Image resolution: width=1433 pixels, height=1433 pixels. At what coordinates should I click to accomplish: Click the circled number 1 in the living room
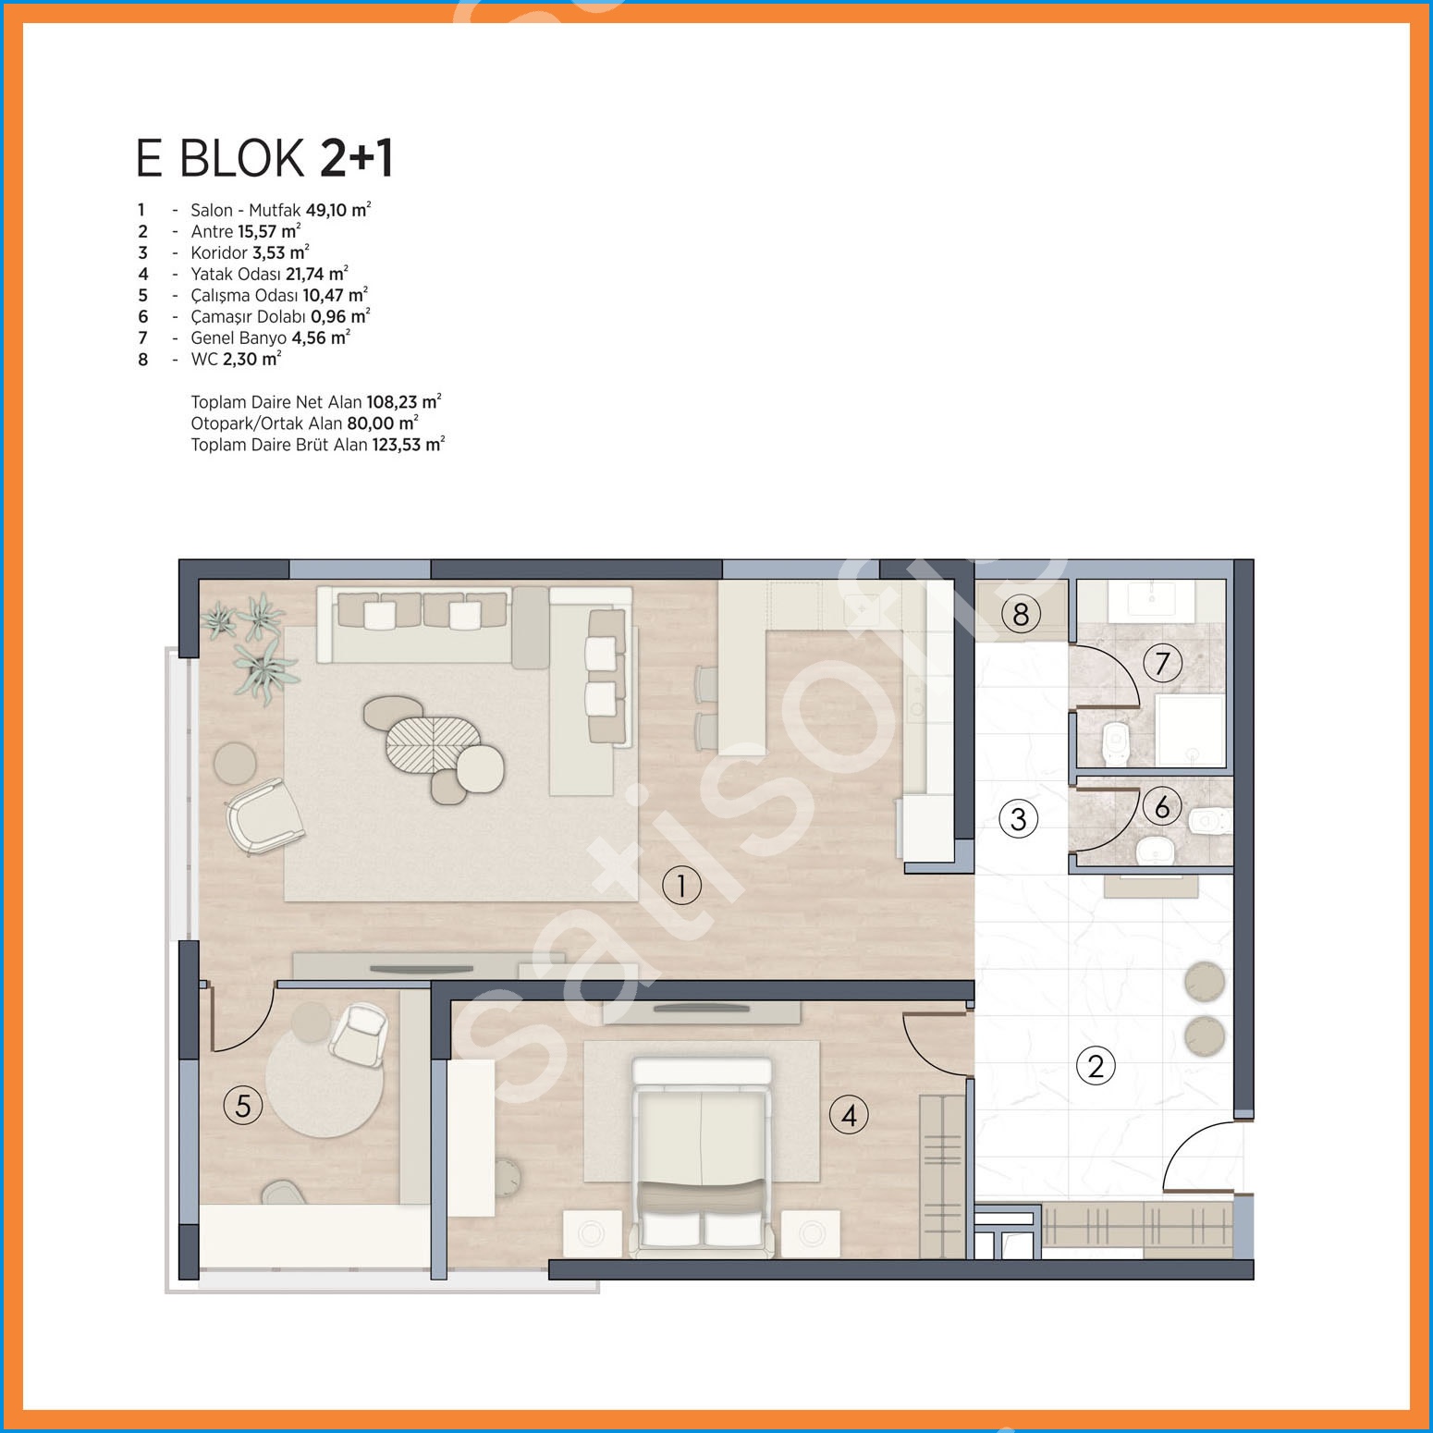(682, 886)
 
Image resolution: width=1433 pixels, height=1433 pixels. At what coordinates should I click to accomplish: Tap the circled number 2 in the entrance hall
(1096, 1066)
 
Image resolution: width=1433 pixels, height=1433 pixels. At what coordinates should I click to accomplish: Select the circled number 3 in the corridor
(1018, 818)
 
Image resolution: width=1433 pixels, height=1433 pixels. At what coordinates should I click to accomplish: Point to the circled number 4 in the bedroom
(849, 1115)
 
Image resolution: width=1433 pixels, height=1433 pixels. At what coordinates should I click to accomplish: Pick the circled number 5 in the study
(243, 1105)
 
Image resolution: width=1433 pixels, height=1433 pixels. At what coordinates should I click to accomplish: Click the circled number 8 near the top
(1021, 614)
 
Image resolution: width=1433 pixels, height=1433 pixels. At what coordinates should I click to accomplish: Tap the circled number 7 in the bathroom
(1162, 663)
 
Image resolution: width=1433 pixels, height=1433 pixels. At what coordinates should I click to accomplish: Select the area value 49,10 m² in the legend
(338, 210)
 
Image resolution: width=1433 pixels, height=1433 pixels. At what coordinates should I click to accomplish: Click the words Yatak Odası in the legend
(236, 274)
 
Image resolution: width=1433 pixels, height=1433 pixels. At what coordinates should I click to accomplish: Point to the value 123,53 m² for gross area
(409, 444)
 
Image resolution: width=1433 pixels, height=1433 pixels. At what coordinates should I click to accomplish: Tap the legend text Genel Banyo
(239, 337)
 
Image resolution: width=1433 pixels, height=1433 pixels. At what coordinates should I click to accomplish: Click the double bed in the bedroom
(702, 1158)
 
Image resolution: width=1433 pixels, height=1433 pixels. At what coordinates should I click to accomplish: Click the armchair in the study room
(359, 1034)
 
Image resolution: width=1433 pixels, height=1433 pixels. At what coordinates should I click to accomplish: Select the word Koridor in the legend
(219, 252)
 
